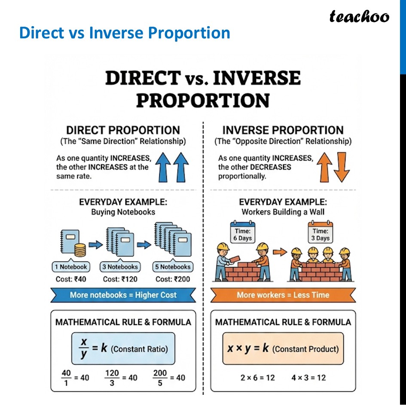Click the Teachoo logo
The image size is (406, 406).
coord(359,17)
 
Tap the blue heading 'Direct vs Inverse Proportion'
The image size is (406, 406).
coord(125,33)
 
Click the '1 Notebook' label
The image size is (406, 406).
coord(71,267)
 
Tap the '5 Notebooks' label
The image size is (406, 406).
coord(172,267)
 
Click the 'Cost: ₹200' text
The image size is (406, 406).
coord(172,279)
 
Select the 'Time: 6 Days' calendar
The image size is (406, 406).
coord(242,232)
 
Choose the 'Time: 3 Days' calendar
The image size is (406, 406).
coord(321,232)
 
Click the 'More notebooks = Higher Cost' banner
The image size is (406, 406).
coord(123,295)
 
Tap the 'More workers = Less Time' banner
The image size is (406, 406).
coord(283,295)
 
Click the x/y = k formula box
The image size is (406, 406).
coord(123,348)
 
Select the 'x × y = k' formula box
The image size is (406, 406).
coord(283,348)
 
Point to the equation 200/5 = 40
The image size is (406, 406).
coord(169,378)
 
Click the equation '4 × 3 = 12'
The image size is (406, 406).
coord(308,378)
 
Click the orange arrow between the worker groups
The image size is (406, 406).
coord(280,252)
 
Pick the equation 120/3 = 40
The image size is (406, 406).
coord(121,378)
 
